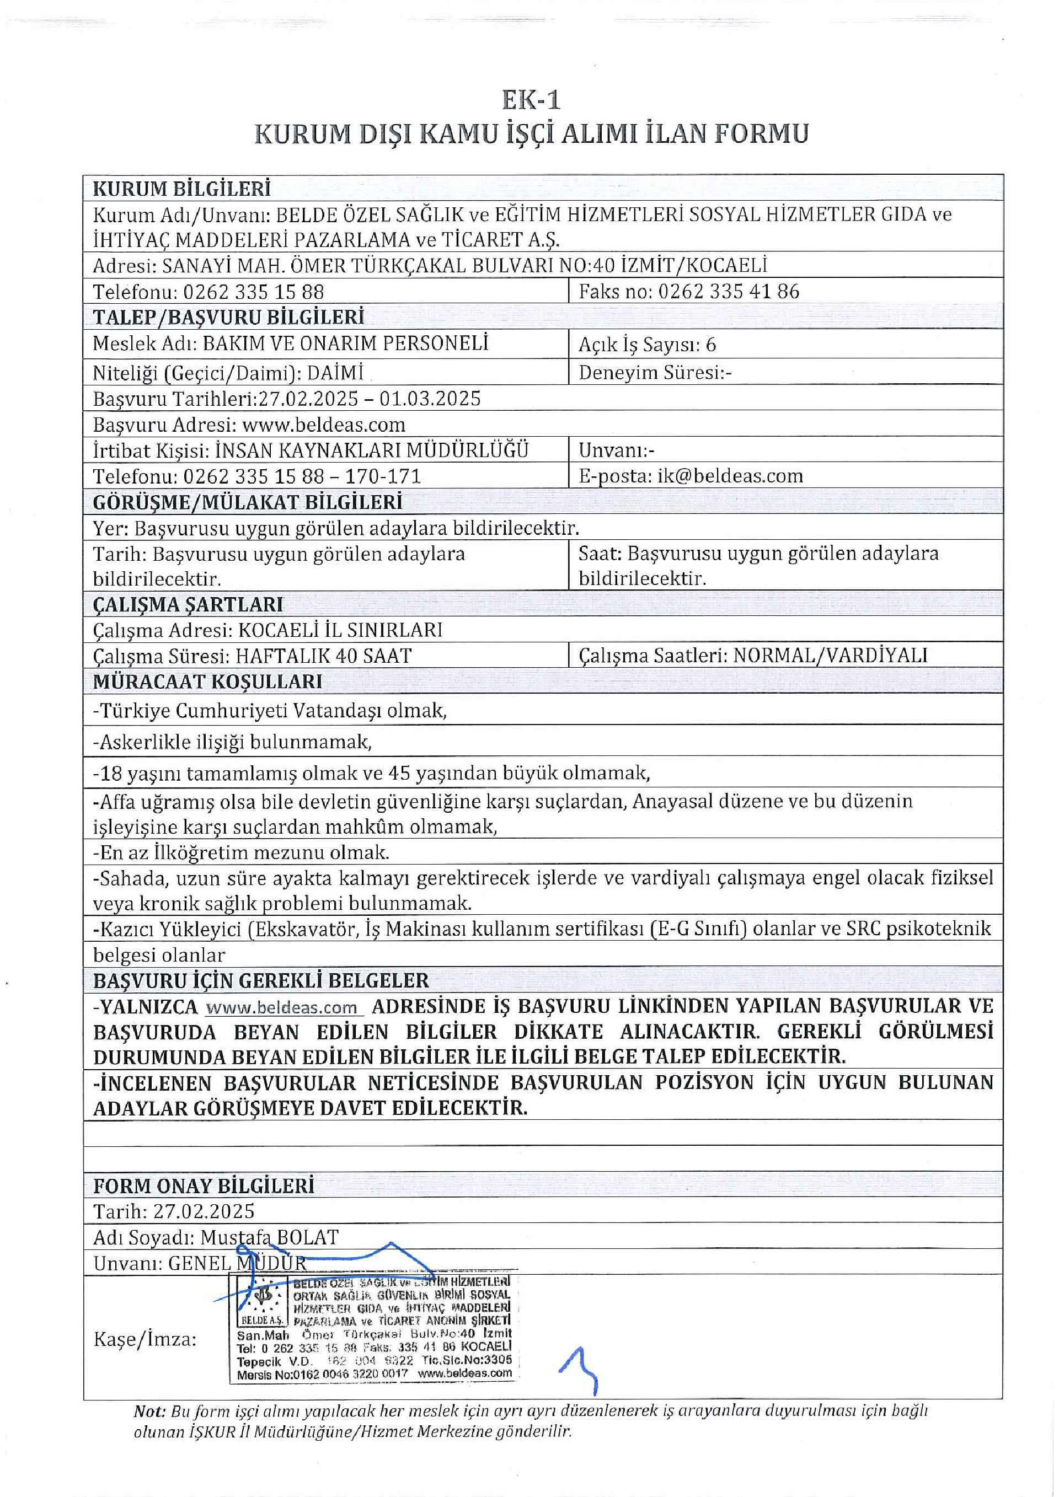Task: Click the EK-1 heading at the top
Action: (x=531, y=100)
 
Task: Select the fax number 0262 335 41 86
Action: (x=729, y=292)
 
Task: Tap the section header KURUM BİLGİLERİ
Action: (x=181, y=189)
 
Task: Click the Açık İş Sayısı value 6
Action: (x=711, y=344)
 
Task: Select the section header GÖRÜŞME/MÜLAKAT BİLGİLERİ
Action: (x=247, y=502)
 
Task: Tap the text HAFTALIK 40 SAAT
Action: (x=323, y=655)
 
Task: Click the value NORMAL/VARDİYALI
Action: (x=830, y=655)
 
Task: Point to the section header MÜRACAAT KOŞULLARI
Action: (x=207, y=682)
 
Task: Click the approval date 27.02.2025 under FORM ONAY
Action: (x=204, y=1211)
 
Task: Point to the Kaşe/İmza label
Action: (x=145, y=1339)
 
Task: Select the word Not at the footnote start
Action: (x=149, y=1412)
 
